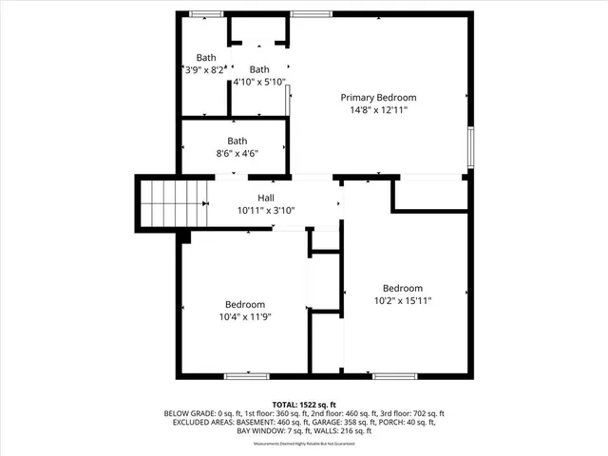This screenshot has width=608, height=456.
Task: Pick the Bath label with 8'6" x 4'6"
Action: pos(237,141)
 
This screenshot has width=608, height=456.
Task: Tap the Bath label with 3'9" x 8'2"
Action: pos(206,57)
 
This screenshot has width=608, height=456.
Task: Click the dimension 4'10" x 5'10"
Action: pos(259,82)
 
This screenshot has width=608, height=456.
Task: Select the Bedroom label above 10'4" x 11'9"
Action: pos(244,304)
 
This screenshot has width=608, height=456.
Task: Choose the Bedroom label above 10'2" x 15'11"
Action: pos(402,288)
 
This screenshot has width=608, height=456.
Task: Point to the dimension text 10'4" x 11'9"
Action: pos(244,316)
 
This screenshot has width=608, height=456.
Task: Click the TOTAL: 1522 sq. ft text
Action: pos(304,404)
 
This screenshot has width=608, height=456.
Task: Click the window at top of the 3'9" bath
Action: pos(205,13)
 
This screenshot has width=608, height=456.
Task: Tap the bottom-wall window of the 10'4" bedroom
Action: pos(245,376)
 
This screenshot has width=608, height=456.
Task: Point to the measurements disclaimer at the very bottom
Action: pos(304,445)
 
